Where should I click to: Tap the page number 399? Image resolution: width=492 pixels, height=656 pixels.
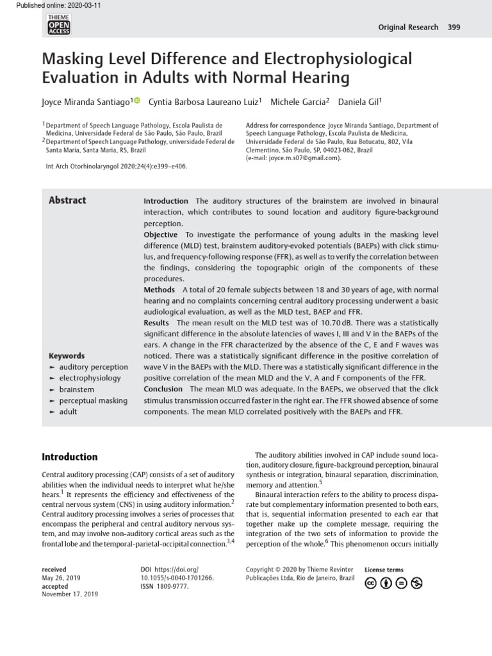pos(454,27)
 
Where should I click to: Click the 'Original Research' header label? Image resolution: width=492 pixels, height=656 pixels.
pos(409,27)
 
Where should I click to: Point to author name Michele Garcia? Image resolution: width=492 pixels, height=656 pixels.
pos(299,102)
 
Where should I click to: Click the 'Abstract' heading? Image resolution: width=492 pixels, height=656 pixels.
pos(67,201)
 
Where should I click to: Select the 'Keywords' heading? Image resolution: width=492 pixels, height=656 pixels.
pos(67,356)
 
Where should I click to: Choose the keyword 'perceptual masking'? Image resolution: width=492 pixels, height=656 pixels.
pos(93,400)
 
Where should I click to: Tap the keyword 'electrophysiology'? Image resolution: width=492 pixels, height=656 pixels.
pos(90,378)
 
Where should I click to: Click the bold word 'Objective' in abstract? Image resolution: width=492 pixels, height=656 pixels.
pos(160,234)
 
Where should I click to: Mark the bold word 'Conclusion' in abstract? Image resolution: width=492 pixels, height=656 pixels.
pos(163,389)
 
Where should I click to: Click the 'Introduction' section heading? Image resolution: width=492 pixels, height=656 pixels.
pos(69,457)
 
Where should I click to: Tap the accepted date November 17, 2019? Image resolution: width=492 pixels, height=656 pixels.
pos(70,594)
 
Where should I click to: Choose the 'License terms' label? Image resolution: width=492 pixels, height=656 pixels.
pos(384,570)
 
